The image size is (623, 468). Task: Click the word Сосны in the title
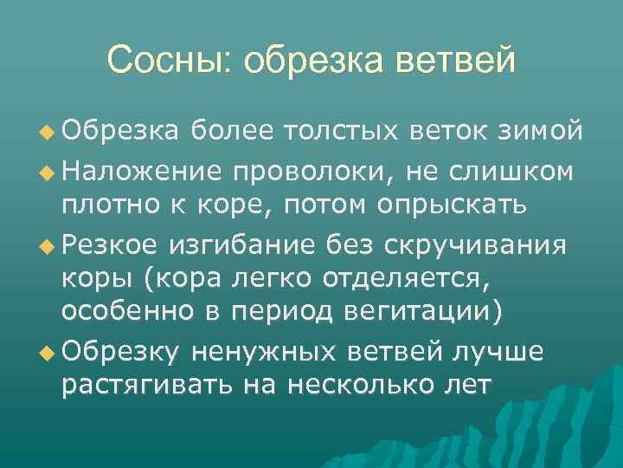(170, 60)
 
